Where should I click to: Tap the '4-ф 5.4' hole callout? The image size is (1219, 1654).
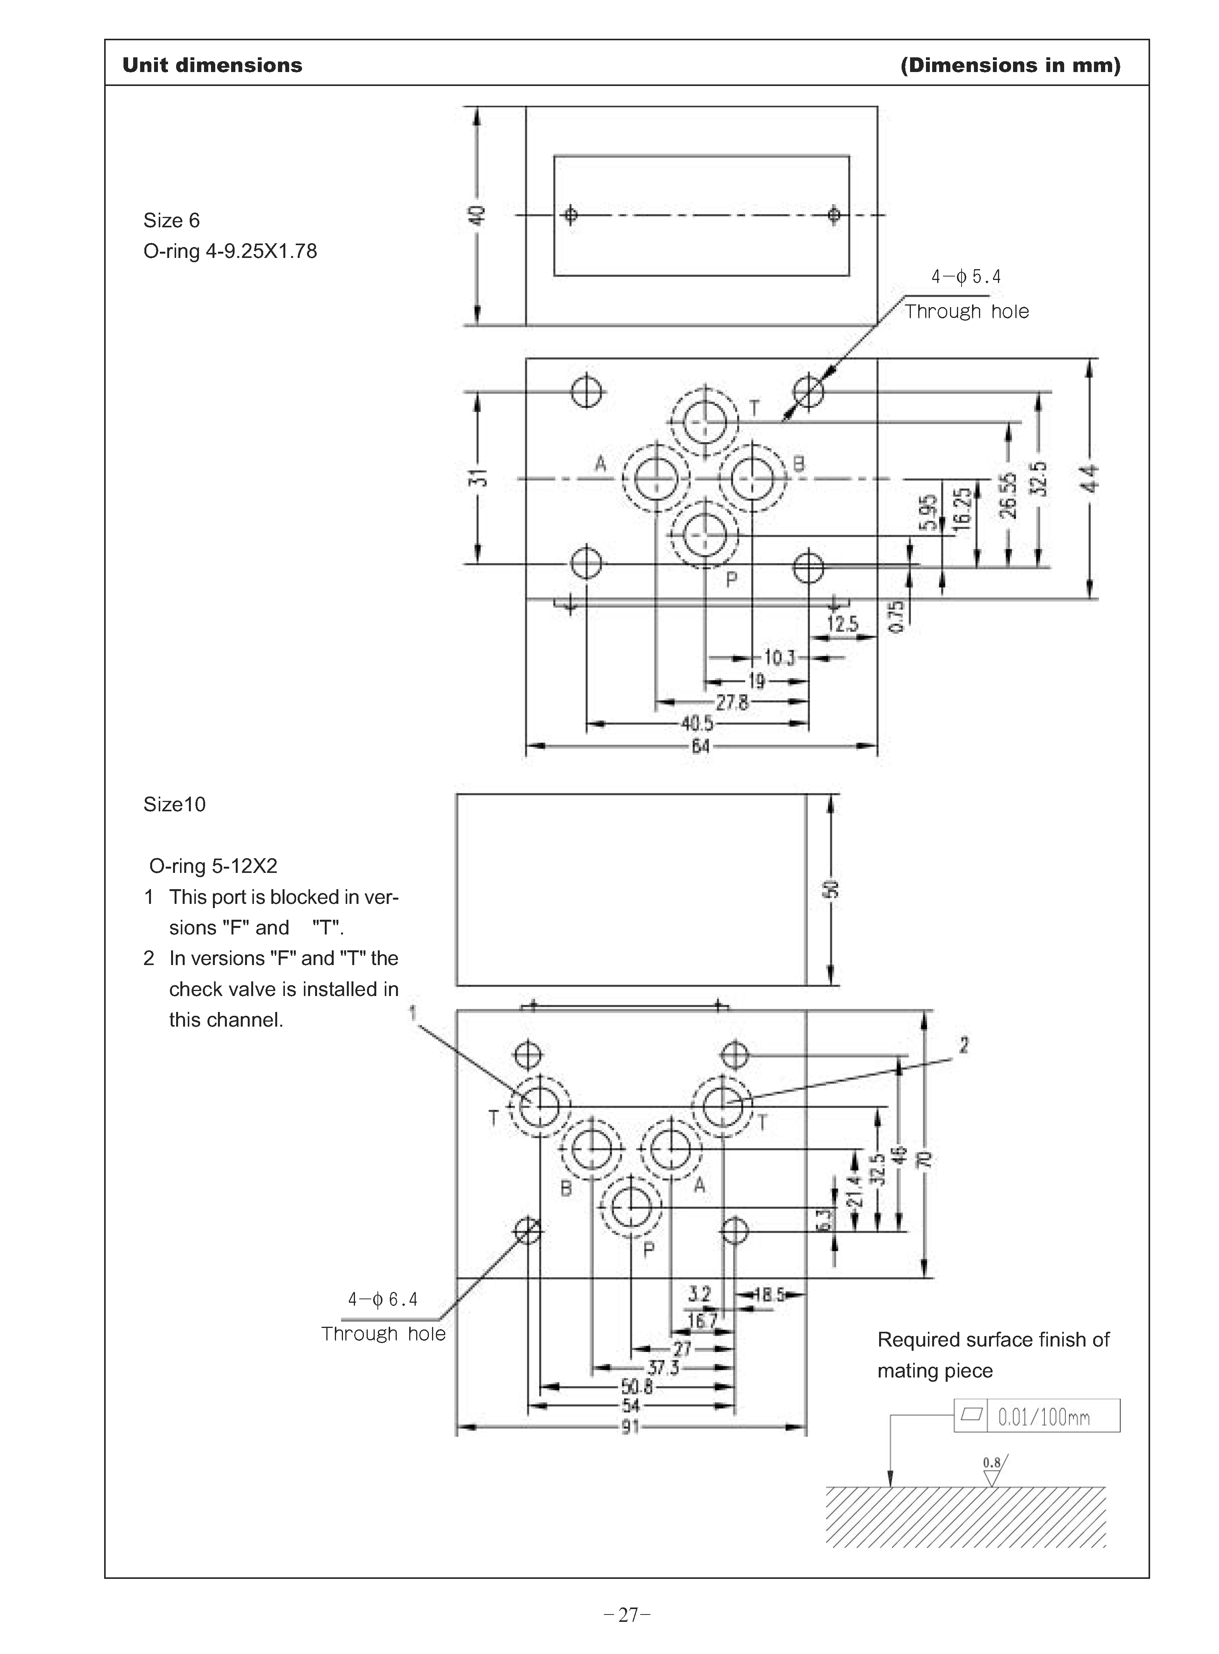tap(966, 277)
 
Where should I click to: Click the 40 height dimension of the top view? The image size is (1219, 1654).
tap(478, 216)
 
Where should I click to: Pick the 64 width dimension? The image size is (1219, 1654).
tap(700, 746)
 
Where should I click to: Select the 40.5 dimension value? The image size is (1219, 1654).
tap(696, 723)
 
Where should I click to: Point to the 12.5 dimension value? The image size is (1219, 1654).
tap(842, 624)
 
